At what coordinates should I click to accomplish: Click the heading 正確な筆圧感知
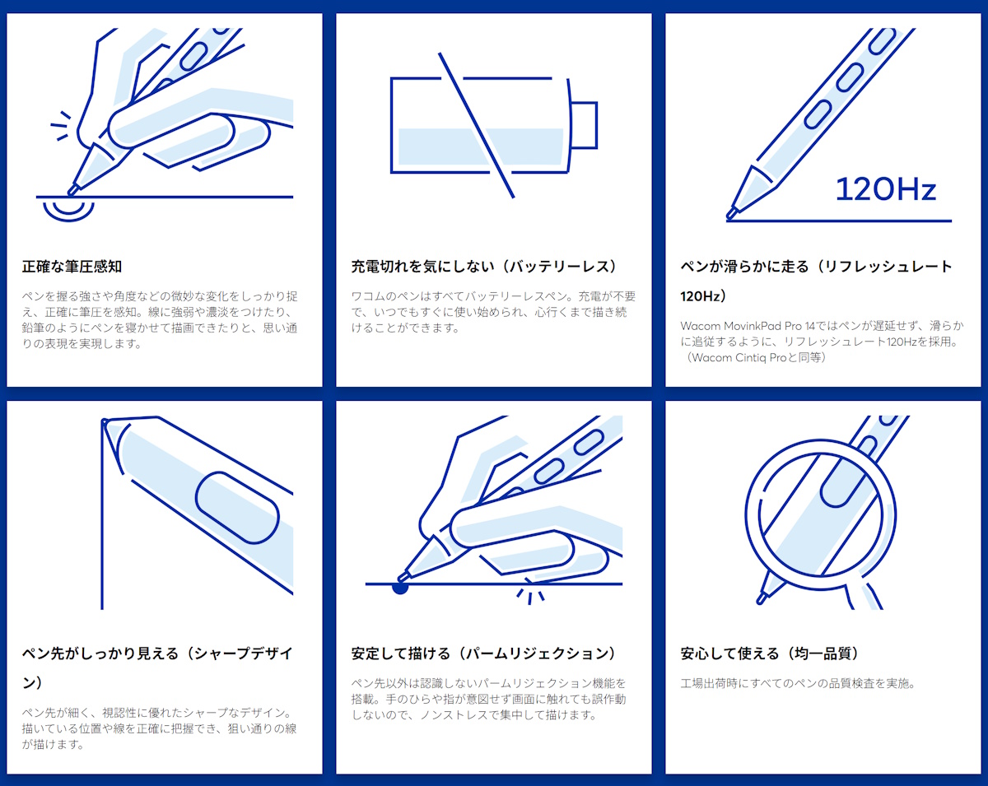pos(72,267)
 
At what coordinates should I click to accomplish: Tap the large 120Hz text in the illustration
pos(886,189)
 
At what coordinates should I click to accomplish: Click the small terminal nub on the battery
pos(583,125)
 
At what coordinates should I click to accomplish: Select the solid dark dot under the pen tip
pos(400,588)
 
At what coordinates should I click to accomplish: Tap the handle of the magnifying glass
pos(864,594)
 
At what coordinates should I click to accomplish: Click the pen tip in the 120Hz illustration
pos(733,212)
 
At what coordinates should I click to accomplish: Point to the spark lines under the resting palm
pos(531,594)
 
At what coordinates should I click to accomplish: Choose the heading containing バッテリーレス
pos(484,267)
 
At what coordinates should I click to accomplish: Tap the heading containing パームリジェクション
pos(484,653)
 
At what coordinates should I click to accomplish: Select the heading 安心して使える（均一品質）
pos(771,653)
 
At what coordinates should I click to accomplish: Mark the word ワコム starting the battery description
pos(368,296)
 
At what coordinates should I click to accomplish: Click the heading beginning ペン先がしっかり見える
pos(156,653)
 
